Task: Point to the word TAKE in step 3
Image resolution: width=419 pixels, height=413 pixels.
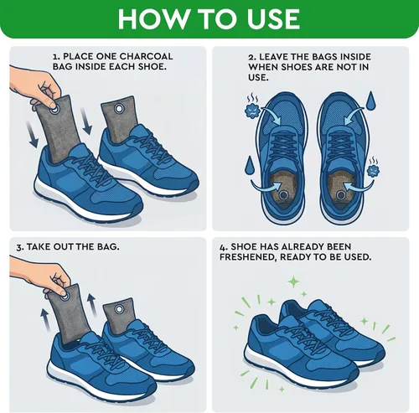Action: pyautogui.click(x=39, y=247)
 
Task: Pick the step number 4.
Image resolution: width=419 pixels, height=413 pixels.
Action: pyautogui.click(x=222, y=247)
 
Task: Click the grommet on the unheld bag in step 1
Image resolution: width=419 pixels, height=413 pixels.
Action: pyautogui.click(x=120, y=109)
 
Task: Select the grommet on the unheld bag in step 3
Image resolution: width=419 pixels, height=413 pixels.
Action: pyautogui.click(x=120, y=309)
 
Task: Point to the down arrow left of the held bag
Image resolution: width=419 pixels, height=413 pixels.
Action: pyautogui.click(x=32, y=135)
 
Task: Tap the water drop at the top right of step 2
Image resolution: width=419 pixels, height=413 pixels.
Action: pyautogui.click(x=370, y=101)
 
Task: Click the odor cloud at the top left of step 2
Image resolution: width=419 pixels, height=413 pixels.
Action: pyautogui.click(x=252, y=106)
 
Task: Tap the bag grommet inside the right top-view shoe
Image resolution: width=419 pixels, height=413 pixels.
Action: pyautogui.click(x=341, y=194)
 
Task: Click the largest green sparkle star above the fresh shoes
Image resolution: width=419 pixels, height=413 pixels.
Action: pyautogui.click(x=293, y=281)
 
